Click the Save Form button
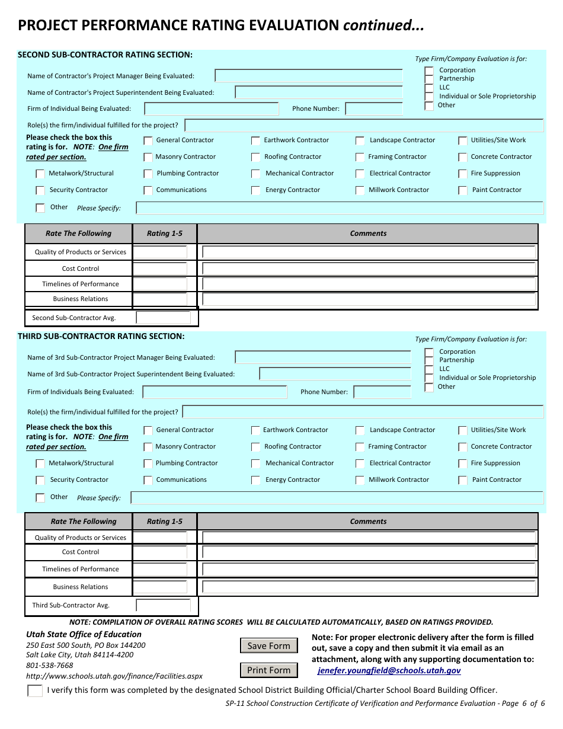coord(268,646)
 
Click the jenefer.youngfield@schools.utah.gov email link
coord(389,671)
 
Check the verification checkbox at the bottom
coord(35,690)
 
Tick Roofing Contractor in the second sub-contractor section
coord(255,157)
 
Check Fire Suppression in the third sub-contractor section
coord(463,463)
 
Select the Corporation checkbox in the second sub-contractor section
coord(428,71)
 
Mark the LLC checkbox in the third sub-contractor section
coord(428,369)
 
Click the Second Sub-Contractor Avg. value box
coord(164,318)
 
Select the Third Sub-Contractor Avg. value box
coord(164,606)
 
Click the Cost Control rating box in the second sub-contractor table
coord(160,268)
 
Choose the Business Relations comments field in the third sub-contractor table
coord(369,587)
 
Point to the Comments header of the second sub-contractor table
coord(368,234)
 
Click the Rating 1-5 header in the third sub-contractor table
coord(165,522)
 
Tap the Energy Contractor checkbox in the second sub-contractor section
coord(255,190)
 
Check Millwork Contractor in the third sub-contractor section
coord(360,480)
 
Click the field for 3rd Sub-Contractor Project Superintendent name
coord(335,374)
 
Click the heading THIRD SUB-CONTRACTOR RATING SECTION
coord(101,336)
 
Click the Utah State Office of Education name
coord(84,634)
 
